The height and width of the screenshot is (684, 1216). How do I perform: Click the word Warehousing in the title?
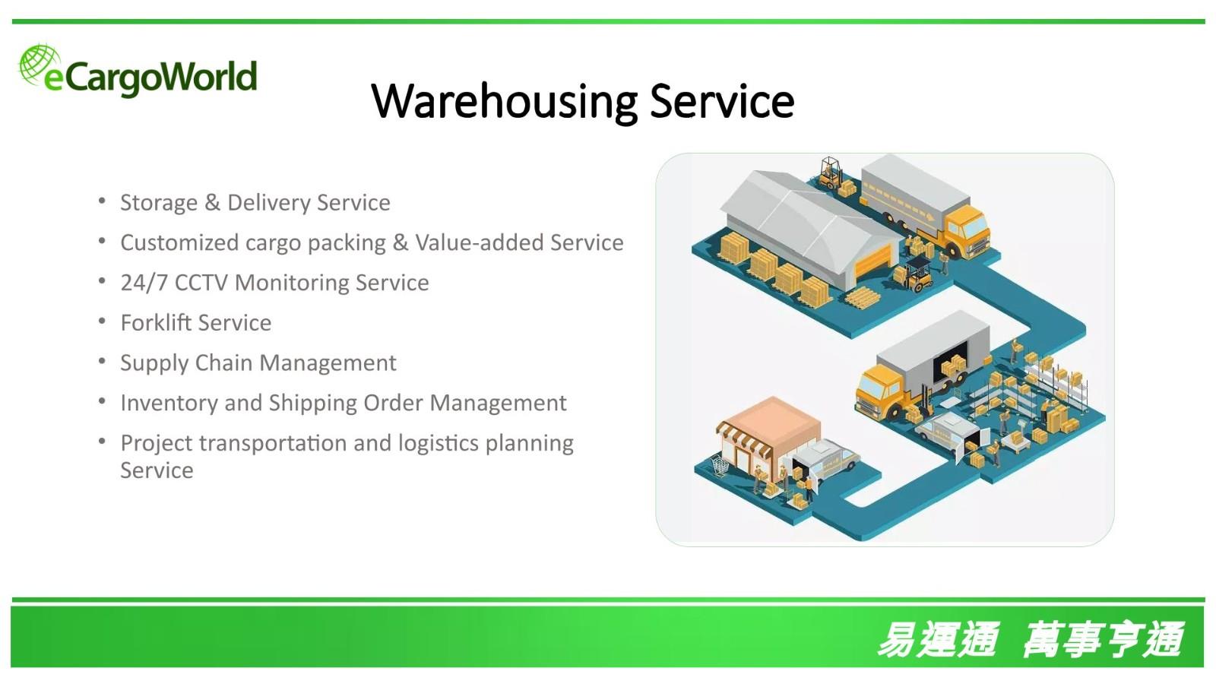[x=505, y=101]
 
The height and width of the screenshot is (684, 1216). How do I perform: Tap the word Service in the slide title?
[x=722, y=101]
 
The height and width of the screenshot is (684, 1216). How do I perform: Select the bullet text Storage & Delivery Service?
[x=255, y=202]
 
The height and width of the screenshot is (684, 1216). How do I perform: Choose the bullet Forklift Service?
[x=196, y=322]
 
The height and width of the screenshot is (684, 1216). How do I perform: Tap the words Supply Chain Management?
[x=258, y=363]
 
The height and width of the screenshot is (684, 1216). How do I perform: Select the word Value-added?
[x=480, y=242]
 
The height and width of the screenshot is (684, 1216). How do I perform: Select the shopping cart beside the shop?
[x=719, y=466]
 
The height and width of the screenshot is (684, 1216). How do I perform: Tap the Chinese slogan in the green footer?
[x=1031, y=640]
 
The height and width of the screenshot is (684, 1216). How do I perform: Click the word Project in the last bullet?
[x=157, y=444]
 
